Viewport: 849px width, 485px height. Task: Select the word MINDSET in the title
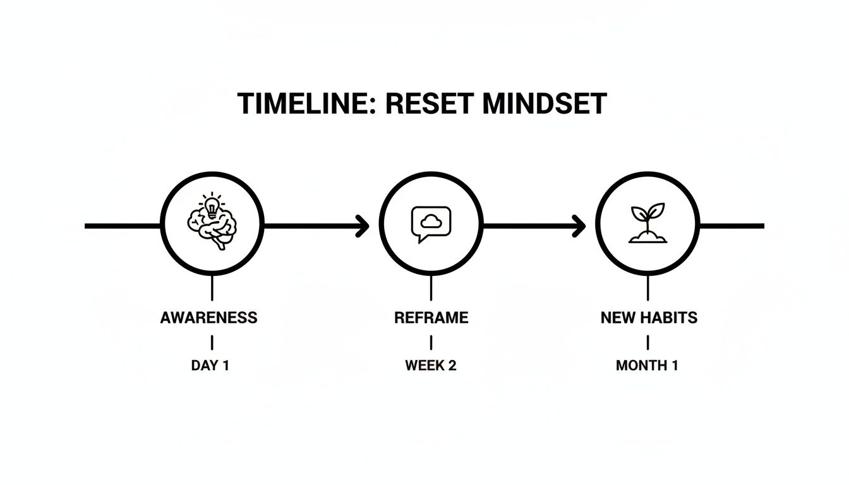544,104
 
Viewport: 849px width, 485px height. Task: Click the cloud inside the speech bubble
431,220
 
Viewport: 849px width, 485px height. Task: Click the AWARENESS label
209,318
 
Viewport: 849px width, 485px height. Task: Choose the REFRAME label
431,318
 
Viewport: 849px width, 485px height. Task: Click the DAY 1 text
210,366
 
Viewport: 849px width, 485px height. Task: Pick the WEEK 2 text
431,366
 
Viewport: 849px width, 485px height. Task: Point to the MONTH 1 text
647,366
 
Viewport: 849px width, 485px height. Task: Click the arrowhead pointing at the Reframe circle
363,225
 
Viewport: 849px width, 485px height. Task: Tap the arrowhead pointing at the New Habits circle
579,225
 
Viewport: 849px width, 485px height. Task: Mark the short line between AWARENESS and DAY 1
212,342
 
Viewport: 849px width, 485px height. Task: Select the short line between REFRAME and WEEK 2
431,342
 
